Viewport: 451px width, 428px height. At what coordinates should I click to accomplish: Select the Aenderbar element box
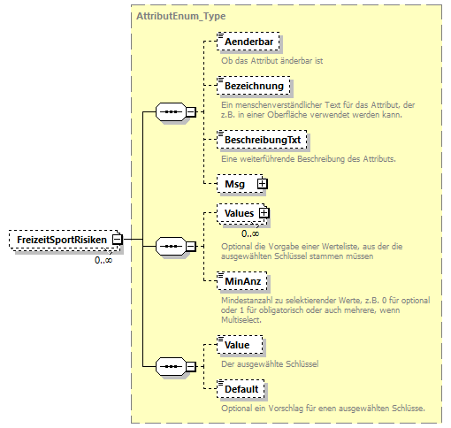pyautogui.click(x=251, y=42)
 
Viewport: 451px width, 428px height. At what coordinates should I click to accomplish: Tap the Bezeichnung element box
pyautogui.click(x=255, y=87)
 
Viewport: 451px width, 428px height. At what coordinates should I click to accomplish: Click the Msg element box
pyautogui.click(x=236, y=183)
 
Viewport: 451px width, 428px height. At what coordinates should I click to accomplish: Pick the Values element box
pyautogui.click(x=239, y=213)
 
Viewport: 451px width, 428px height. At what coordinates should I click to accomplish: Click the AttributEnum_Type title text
pyautogui.click(x=180, y=16)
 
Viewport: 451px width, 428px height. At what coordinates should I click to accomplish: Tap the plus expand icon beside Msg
pyautogui.click(x=262, y=183)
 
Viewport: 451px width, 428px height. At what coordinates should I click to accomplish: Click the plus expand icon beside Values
pyautogui.click(x=264, y=213)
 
